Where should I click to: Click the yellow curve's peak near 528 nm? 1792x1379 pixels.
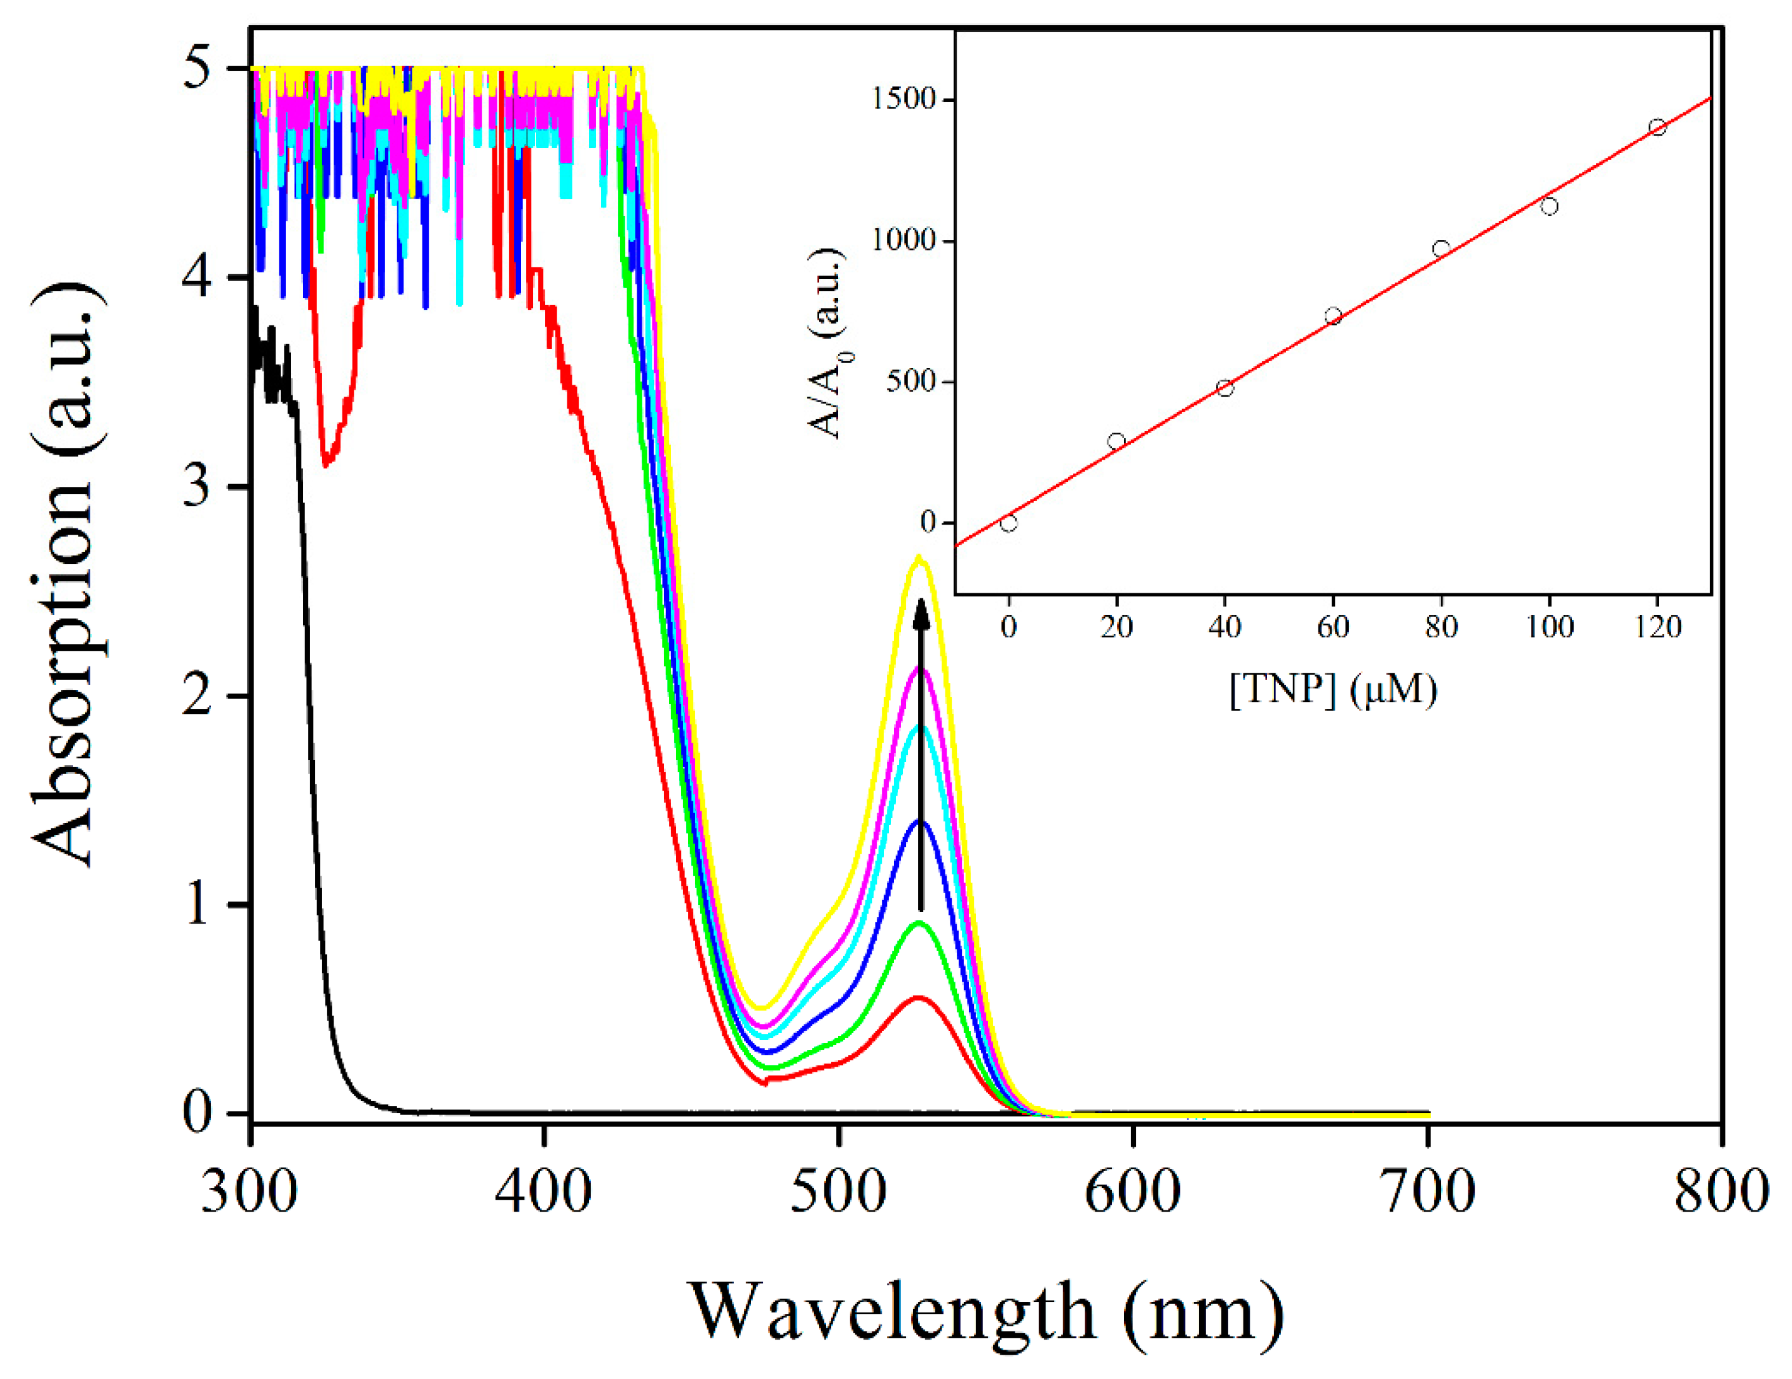(919, 558)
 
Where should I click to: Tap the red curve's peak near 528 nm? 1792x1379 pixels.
(918, 997)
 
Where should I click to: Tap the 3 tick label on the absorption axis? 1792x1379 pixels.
(197, 487)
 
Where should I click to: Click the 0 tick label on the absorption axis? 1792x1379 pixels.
(197, 1113)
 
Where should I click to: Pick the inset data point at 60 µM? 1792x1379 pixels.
(1333, 316)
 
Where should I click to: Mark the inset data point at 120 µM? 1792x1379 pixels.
(1658, 127)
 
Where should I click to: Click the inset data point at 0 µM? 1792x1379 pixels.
(1008, 523)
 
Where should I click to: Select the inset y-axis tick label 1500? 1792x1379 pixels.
(903, 99)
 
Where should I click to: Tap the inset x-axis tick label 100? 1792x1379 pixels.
(1549, 628)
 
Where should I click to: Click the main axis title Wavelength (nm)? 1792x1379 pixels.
(985, 1311)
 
